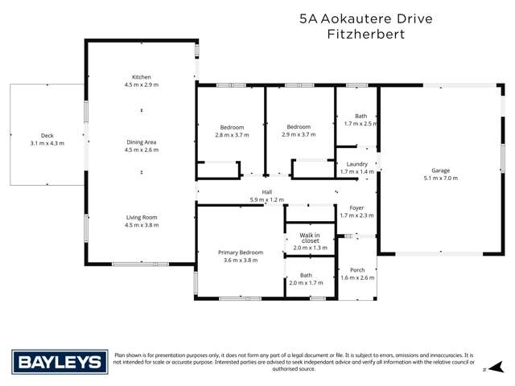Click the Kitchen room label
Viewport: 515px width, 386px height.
pyautogui.click(x=142, y=76)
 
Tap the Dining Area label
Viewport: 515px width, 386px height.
pyautogui.click(x=142, y=142)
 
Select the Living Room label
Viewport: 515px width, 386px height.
pyautogui.click(x=142, y=217)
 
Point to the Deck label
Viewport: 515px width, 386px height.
pyautogui.click(x=47, y=135)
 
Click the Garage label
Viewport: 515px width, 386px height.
pyautogui.click(x=440, y=170)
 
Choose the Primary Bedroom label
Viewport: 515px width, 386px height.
pyautogui.click(x=240, y=253)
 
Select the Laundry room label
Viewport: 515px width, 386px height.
pyautogui.click(x=356, y=164)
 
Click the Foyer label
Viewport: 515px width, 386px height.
pyautogui.click(x=356, y=207)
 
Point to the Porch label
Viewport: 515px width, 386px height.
pyautogui.click(x=357, y=269)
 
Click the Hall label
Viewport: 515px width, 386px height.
pyautogui.click(x=267, y=191)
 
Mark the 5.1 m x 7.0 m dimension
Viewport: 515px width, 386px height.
pyautogui.click(x=440, y=178)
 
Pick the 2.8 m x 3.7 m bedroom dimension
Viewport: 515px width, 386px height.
pyautogui.click(x=233, y=135)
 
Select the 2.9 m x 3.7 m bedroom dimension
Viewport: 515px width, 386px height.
pyautogui.click(x=299, y=135)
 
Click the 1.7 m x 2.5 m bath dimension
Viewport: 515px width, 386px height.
pyautogui.click(x=360, y=124)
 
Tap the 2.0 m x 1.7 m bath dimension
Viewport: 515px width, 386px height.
pyautogui.click(x=306, y=283)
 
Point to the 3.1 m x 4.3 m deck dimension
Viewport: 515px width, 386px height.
pyautogui.click(x=47, y=143)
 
